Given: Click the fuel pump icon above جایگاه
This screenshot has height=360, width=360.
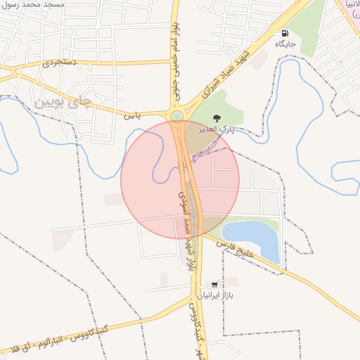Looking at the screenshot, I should pos(285,33).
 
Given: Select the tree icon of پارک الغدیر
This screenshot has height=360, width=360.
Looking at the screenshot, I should pos(216,117).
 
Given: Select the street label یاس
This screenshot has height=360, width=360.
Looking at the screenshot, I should pos(134,115).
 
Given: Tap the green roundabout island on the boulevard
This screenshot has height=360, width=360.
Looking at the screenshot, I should pos(176,116).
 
